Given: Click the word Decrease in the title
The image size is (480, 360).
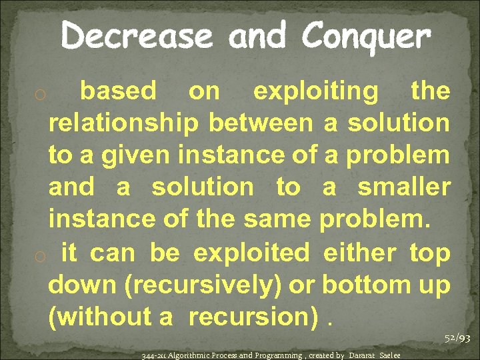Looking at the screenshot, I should coord(137,36).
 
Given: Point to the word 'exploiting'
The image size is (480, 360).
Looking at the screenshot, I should coord(315,91).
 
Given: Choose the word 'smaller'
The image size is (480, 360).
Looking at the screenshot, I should coord(404,187).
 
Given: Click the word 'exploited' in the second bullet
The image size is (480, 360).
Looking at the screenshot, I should coord(251,253).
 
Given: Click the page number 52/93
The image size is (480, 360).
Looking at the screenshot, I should coord(457,339).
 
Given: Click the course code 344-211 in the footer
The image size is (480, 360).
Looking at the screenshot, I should coord(154,355).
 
